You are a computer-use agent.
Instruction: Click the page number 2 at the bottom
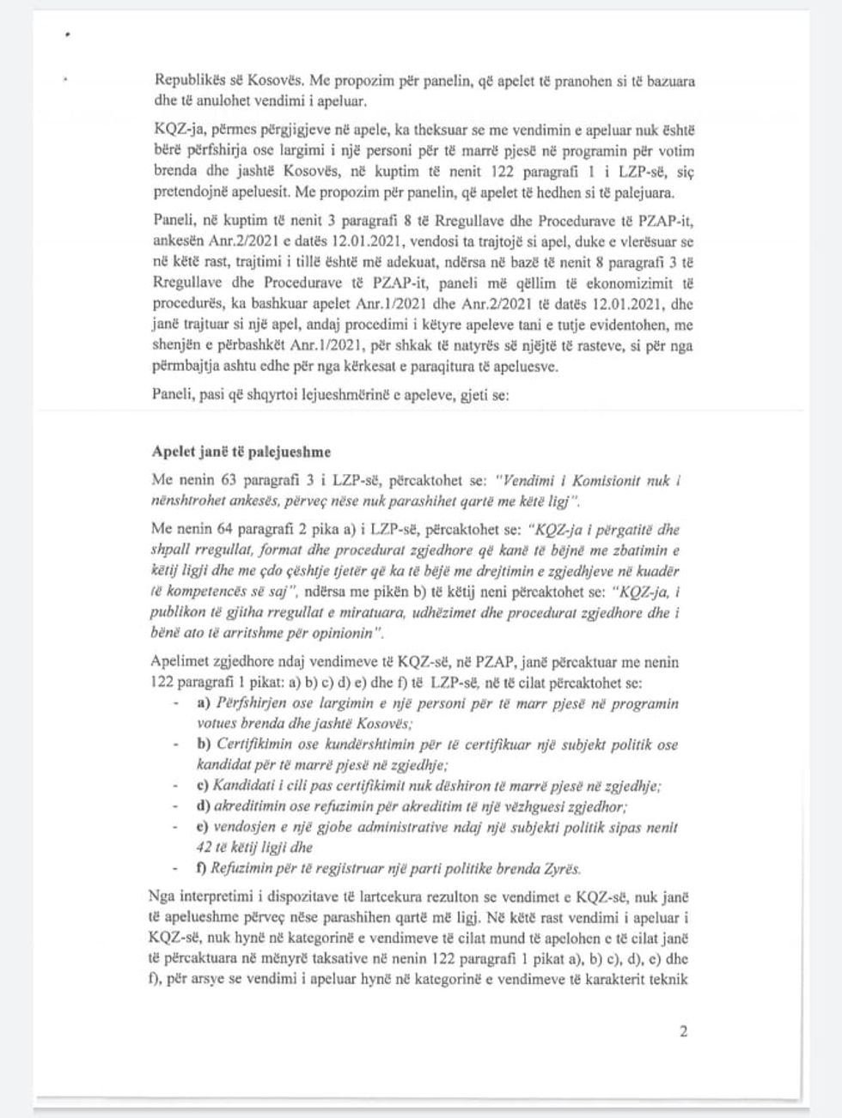point(683,1031)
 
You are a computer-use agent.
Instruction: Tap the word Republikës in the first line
point(186,80)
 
